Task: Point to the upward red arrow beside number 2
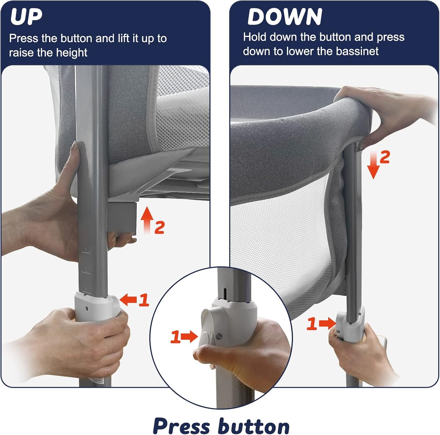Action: click(x=146, y=220)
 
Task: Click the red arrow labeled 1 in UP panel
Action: click(x=128, y=300)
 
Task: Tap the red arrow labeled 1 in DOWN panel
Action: click(x=327, y=323)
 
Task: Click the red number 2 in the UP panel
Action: click(x=159, y=227)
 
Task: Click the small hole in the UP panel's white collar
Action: click(x=87, y=308)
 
